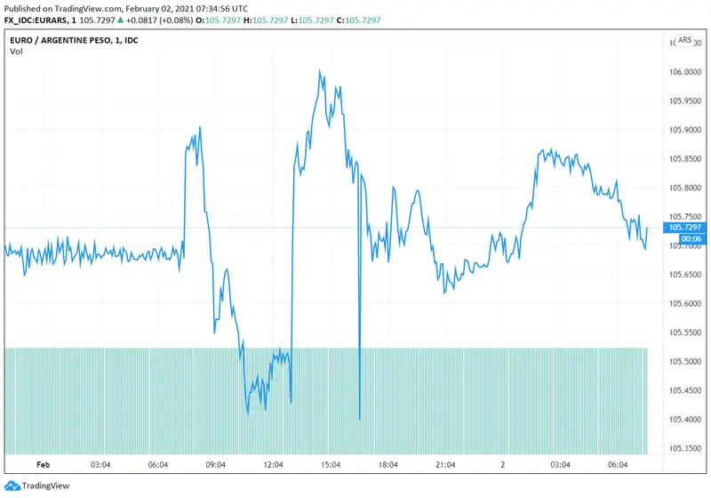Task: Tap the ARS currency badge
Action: [x=685, y=40]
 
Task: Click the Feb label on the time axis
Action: [x=43, y=464]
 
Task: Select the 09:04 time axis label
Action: [x=216, y=464]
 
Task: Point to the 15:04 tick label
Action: [x=331, y=464]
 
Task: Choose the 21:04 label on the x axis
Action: [x=445, y=464]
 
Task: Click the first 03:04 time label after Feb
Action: [x=100, y=464]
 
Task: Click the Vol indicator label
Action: [x=16, y=52]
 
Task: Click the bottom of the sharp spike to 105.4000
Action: [x=359, y=418]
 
